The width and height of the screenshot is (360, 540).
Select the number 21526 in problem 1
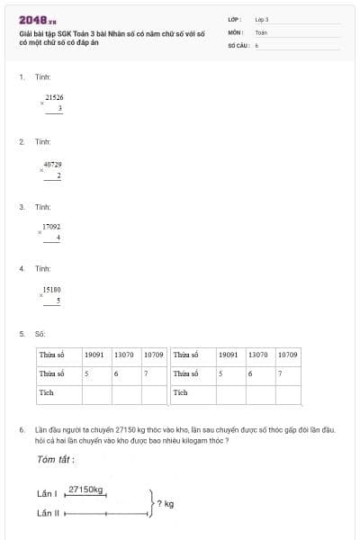point(54,96)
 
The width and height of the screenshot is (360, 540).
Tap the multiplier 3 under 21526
point(59,108)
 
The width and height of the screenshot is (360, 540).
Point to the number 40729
point(52,165)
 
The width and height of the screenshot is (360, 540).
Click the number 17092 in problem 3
point(51,227)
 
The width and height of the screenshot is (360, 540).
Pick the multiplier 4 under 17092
point(58,238)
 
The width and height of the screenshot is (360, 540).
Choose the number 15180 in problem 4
point(51,290)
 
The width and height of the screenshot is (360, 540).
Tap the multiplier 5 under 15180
point(58,301)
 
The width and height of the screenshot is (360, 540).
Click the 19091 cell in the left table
point(96,355)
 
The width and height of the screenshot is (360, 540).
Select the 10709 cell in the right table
point(288,355)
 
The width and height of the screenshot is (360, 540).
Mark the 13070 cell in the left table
point(126,355)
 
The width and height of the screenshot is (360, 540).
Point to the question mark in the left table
point(147,373)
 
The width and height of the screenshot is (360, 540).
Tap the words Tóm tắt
point(56,460)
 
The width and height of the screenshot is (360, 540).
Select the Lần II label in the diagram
point(48,513)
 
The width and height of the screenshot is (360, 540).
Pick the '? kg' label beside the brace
point(166,503)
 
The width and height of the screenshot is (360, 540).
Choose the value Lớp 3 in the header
point(262,19)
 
